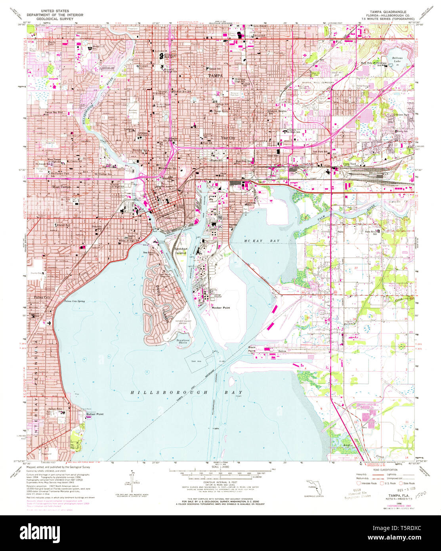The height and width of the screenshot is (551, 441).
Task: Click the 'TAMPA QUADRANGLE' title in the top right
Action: pyautogui.click(x=386, y=11)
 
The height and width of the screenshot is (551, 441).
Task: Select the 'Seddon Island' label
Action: pyautogui.click(x=181, y=251)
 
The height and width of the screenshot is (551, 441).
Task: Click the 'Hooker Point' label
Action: pyautogui.click(x=221, y=308)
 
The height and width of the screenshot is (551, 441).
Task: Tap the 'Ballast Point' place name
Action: pyautogui.click(x=95, y=414)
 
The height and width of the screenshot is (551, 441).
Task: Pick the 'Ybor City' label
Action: pyautogui.click(x=228, y=138)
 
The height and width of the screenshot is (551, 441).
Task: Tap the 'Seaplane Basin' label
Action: pyautogui.click(x=183, y=341)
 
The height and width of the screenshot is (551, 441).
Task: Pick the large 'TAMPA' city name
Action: pyautogui.click(x=216, y=75)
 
